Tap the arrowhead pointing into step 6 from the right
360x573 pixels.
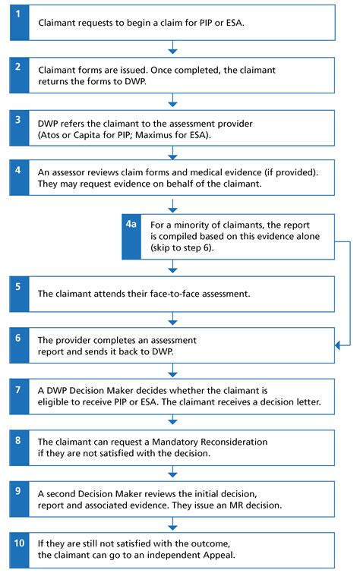click(x=339, y=346)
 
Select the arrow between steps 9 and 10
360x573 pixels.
click(x=173, y=524)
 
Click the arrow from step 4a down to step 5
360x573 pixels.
click(x=173, y=266)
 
